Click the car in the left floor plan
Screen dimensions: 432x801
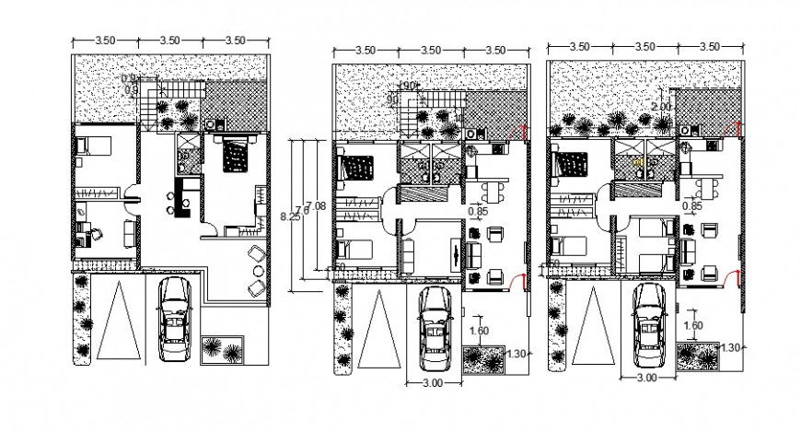[174, 319]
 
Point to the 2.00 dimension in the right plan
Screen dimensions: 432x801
[662, 107]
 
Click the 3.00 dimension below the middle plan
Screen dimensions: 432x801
[434, 381]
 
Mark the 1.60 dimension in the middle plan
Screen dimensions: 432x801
[479, 331]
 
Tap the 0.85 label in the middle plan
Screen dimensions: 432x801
[478, 212]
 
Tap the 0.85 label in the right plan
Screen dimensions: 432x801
[694, 207]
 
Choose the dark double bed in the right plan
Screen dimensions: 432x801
[573, 165]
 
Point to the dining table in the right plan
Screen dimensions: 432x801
[704, 187]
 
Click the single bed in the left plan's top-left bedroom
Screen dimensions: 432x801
[93, 145]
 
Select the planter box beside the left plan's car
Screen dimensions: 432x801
[221, 349]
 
